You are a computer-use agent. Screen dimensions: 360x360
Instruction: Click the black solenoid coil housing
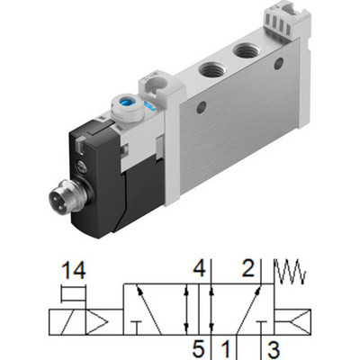[x=94, y=175]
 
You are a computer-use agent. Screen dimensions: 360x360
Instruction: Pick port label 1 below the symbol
[x=228, y=346]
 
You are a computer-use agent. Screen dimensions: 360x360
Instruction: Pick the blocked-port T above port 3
[x=263, y=325]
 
